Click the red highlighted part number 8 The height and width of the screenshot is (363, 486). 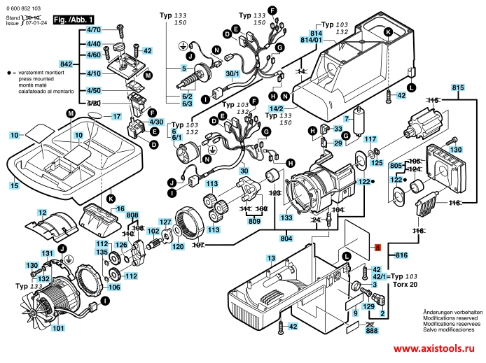click(376, 247)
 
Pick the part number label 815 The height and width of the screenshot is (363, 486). click(458, 87)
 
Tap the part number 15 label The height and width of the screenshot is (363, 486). click(14, 186)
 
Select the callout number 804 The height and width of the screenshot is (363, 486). click(286, 239)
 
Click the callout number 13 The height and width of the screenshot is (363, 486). click(270, 258)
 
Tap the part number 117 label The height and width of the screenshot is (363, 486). click(370, 139)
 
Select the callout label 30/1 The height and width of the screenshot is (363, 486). click(232, 73)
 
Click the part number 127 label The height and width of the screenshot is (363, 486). click(165, 222)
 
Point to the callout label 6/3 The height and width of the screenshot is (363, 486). click(187, 104)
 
